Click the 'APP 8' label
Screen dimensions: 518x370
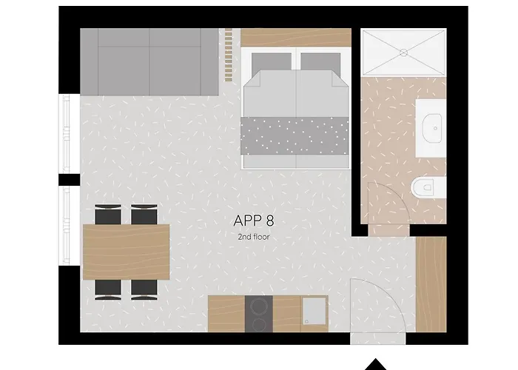click(x=253, y=221)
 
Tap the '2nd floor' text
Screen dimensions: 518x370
click(x=253, y=237)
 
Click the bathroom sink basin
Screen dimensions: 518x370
click(x=431, y=128)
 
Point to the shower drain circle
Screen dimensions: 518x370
click(x=403, y=53)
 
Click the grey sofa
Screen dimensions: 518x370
click(x=149, y=61)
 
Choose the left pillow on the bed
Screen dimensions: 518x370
click(x=272, y=61)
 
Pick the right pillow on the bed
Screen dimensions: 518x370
click(x=320, y=61)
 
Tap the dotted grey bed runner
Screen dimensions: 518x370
click(x=295, y=135)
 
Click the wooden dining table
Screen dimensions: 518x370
click(x=127, y=252)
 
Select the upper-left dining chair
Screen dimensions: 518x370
click(x=108, y=214)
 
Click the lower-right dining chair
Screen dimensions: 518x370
click(x=144, y=290)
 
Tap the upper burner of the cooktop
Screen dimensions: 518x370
click(x=259, y=306)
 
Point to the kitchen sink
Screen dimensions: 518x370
click(x=314, y=312)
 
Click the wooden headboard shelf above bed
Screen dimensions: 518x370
click(x=296, y=37)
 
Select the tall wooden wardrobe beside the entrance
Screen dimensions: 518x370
click(x=431, y=284)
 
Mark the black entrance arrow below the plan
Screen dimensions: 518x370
click(x=375, y=364)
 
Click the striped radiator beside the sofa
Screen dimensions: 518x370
click(x=228, y=55)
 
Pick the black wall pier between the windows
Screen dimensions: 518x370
click(x=70, y=180)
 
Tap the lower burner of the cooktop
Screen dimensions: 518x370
click(x=259, y=324)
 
